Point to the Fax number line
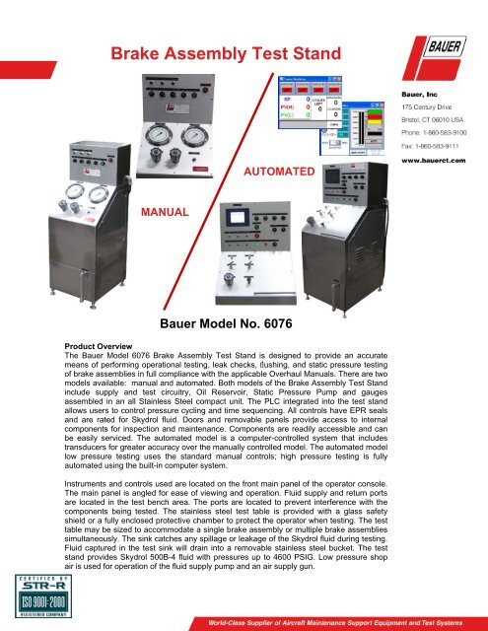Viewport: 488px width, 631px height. [431, 145]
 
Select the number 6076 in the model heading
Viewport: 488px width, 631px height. [289, 322]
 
